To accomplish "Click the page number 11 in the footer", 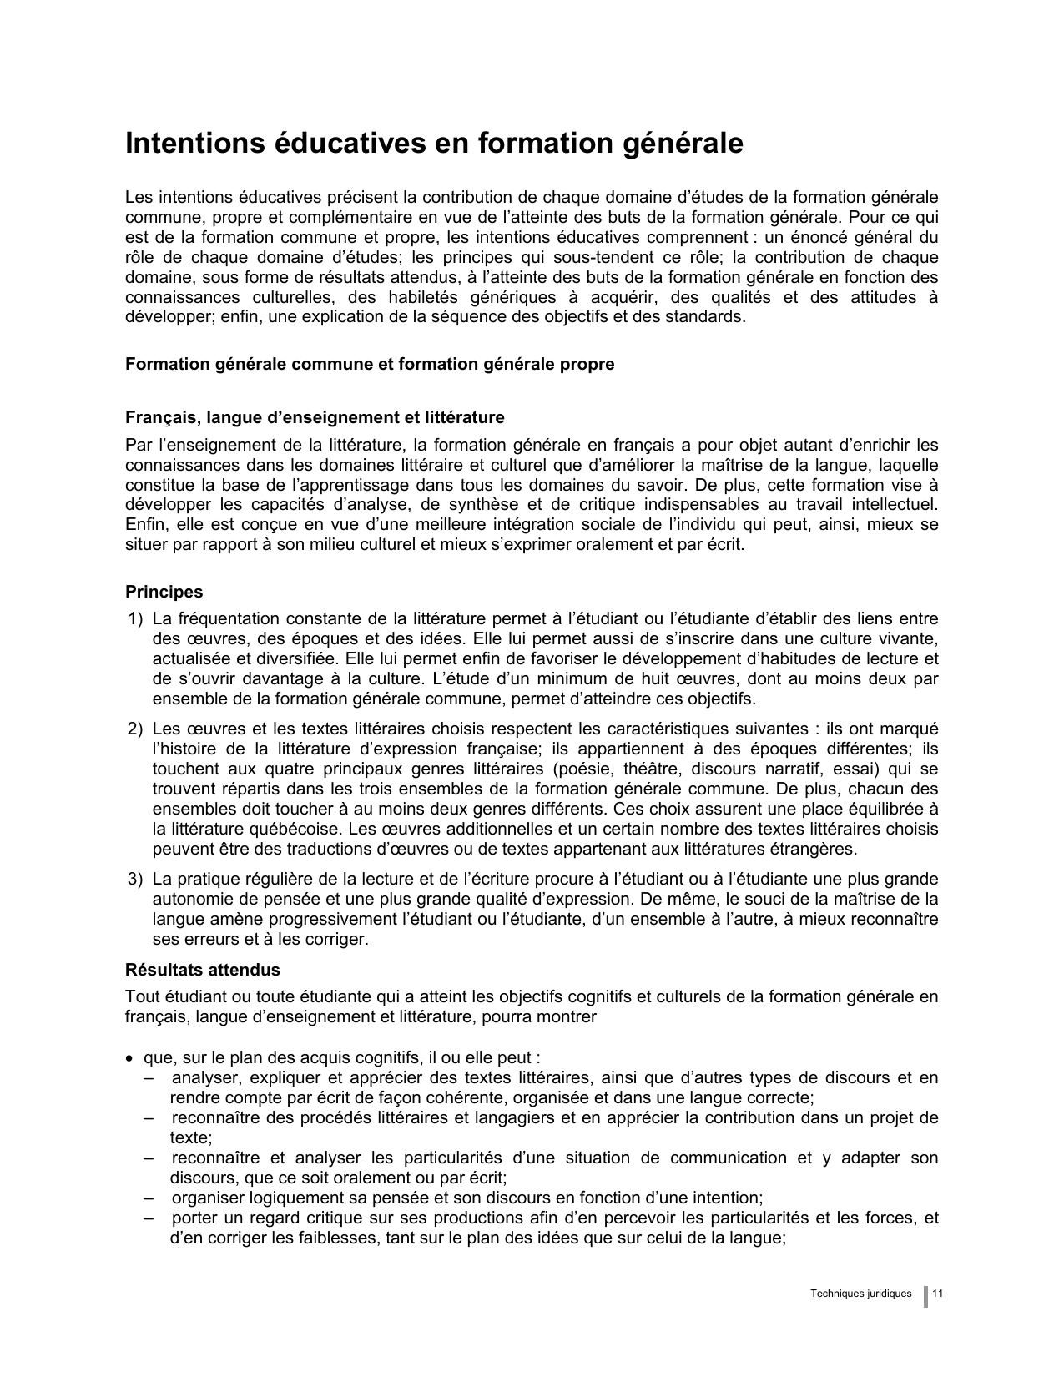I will tap(937, 1294).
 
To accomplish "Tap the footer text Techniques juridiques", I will tap(860, 1294).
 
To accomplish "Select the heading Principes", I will tap(164, 592).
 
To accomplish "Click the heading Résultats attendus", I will tap(202, 970).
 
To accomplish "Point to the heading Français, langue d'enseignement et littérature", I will tap(315, 417).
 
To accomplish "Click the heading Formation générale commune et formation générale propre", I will tap(369, 365).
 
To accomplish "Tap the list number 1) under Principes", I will tap(136, 619).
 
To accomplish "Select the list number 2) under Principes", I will tap(136, 729).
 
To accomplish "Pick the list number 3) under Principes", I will tap(136, 880).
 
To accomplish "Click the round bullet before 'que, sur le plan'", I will tap(129, 1059).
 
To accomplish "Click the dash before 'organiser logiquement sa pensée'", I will tap(148, 1198).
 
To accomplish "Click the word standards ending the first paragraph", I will tap(708, 318).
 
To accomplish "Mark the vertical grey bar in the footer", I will tap(925, 1296).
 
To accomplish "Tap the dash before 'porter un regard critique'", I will tap(148, 1218).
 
